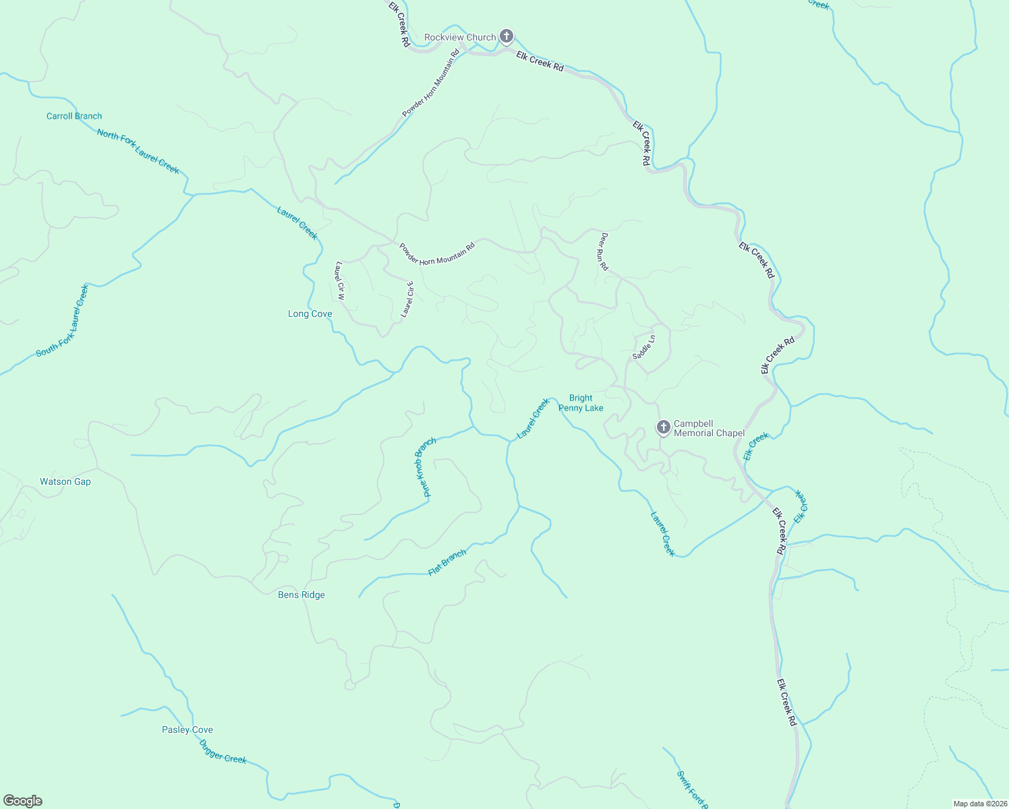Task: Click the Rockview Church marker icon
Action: click(x=507, y=36)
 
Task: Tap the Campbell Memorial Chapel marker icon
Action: click(x=663, y=427)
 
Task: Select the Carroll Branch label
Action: click(x=74, y=116)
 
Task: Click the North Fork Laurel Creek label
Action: click(x=138, y=151)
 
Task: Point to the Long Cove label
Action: click(x=310, y=313)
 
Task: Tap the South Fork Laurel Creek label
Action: click(x=63, y=320)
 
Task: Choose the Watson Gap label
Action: click(x=65, y=481)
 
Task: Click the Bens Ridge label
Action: click(x=301, y=595)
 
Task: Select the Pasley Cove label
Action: click(x=188, y=729)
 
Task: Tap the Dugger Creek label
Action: click(x=223, y=751)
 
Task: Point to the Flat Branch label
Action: click(x=447, y=563)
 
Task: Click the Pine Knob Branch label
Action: click(x=426, y=467)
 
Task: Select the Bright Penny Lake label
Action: click(x=581, y=402)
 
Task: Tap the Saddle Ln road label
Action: click(x=643, y=347)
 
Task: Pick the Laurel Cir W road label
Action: click(x=340, y=280)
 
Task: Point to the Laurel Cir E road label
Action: click(x=407, y=299)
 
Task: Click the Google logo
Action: click(x=23, y=801)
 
